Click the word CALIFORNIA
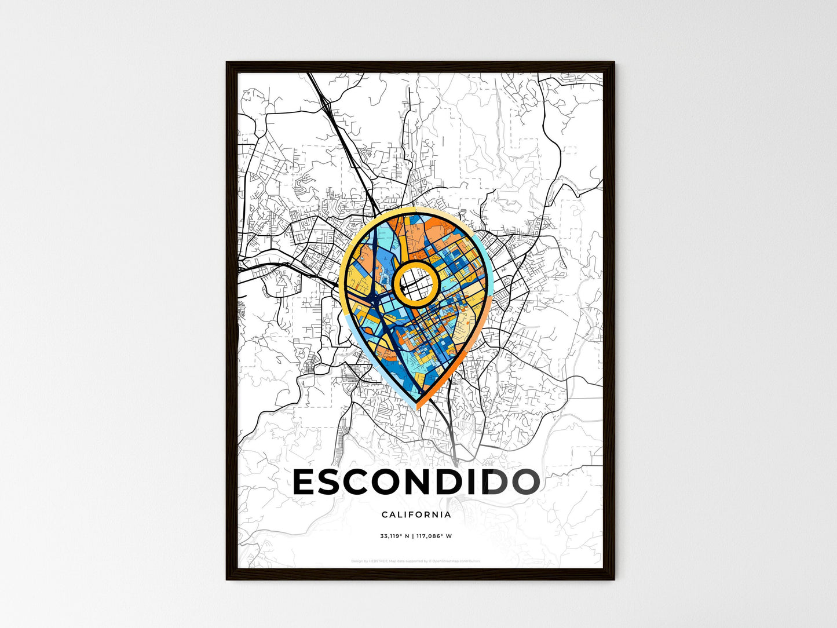pos(416,514)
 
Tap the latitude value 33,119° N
pos(394,536)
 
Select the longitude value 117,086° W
pos(433,536)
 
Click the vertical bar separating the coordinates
pos(412,536)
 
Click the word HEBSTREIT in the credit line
pos(377,561)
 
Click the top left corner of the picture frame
pos(227,63)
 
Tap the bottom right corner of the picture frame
pos(614,579)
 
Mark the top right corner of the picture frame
pos(614,63)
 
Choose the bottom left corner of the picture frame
pos(227,579)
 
